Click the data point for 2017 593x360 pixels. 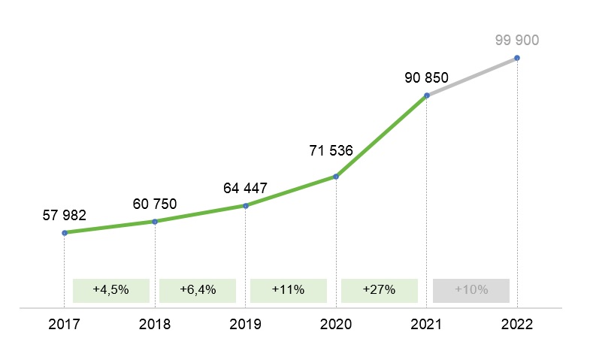[65, 233]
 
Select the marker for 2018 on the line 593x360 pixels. [155, 222]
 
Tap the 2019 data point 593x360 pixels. [246, 205]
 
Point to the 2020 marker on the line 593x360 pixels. [336, 177]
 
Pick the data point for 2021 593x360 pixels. [427, 95]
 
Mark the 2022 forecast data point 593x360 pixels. [517, 58]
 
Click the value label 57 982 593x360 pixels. [65, 215]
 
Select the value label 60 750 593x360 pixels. [155, 204]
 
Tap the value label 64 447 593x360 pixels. [245, 188]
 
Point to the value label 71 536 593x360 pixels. [331, 151]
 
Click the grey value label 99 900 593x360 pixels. [517, 41]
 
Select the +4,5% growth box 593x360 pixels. [111, 290]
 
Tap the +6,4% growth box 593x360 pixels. [198, 290]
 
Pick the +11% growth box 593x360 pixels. [289, 290]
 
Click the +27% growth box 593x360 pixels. [379, 290]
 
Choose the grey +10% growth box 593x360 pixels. [471, 290]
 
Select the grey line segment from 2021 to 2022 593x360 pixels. [472, 77]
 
